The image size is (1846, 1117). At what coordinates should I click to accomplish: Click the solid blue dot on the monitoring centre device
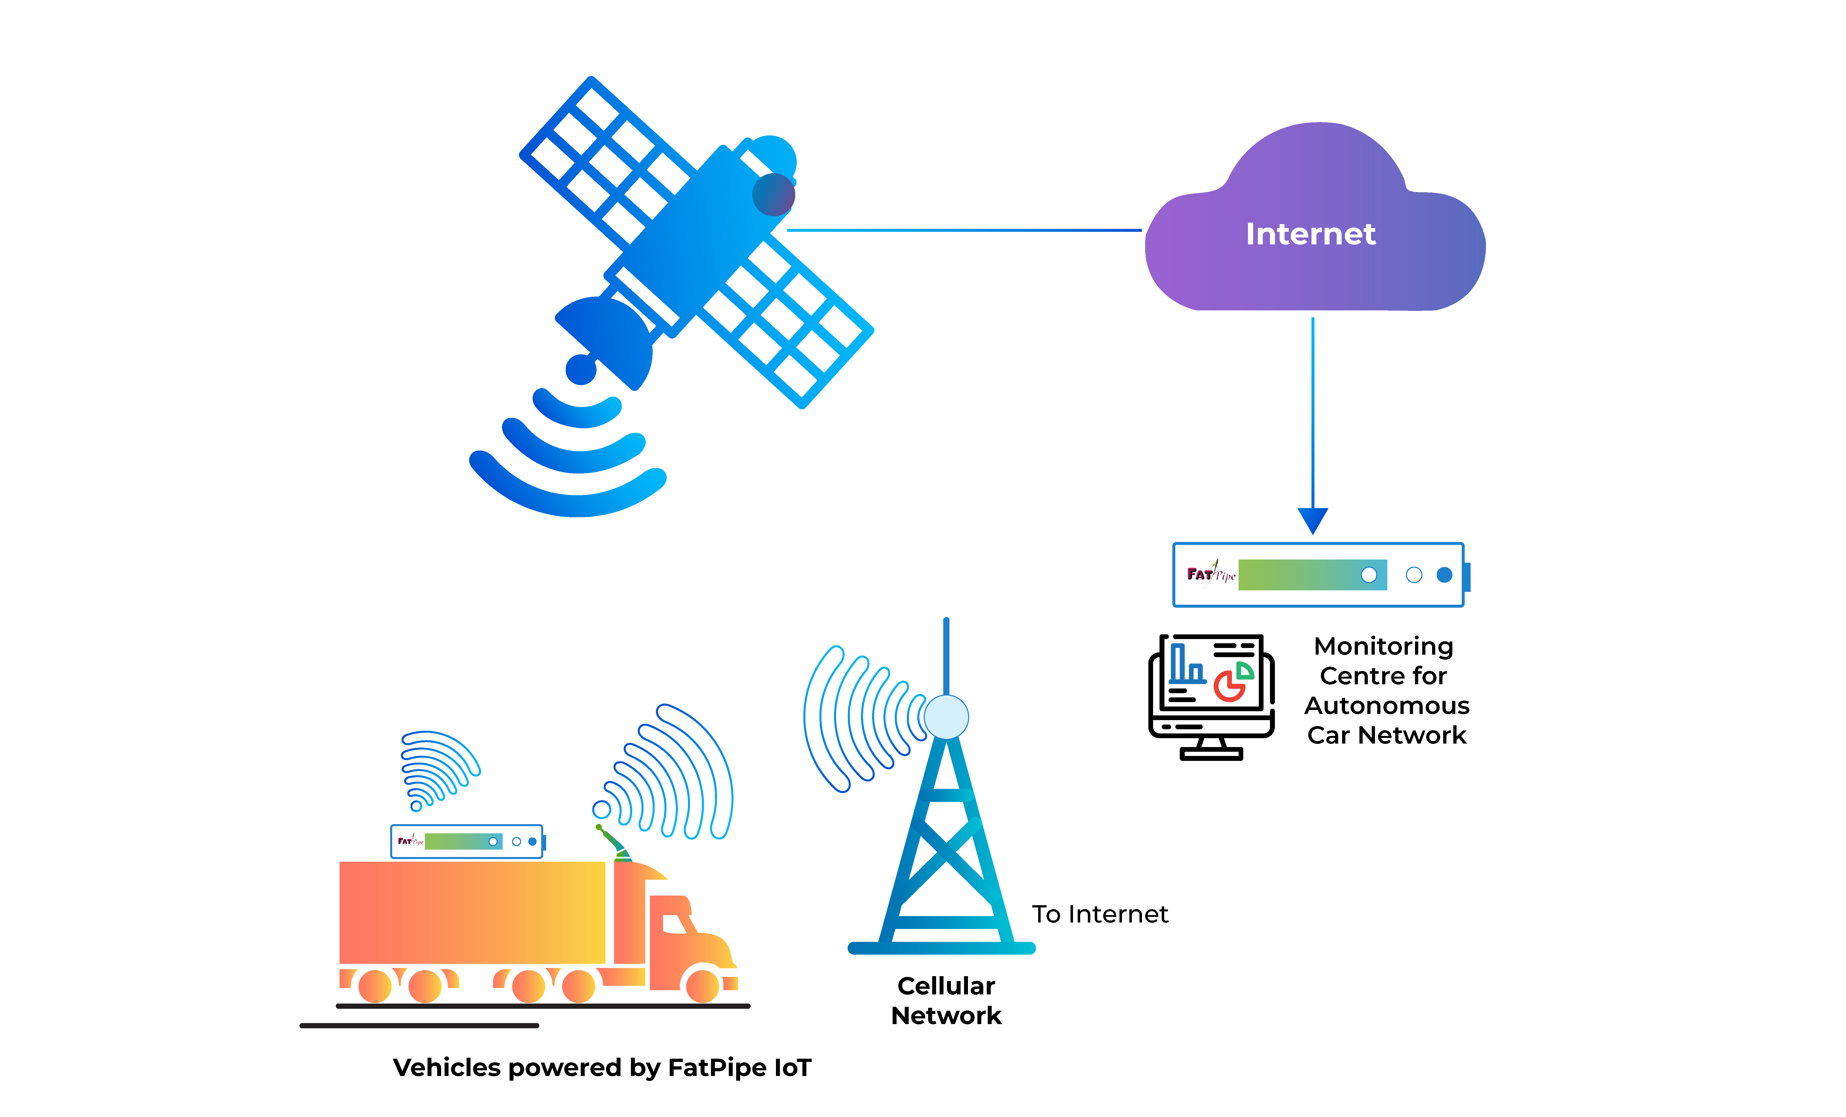tap(1444, 575)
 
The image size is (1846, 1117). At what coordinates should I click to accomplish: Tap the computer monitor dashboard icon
tap(1211, 697)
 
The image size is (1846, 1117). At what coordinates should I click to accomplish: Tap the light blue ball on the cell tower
tap(946, 717)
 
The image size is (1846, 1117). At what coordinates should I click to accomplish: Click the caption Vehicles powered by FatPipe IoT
tap(601, 1068)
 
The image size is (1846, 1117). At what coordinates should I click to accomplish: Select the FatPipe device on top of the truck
tap(467, 841)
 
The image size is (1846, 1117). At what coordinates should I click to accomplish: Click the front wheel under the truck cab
tap(703, 985)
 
